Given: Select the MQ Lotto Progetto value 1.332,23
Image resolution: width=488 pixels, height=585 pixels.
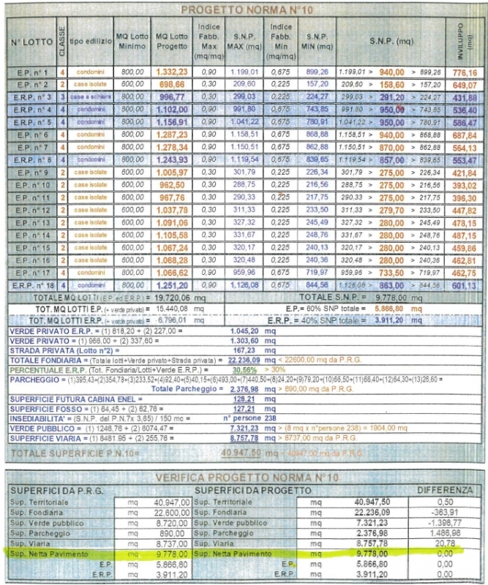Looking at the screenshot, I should coord(172,73).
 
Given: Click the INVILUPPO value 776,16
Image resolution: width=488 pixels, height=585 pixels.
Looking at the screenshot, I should coord(466,74).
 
